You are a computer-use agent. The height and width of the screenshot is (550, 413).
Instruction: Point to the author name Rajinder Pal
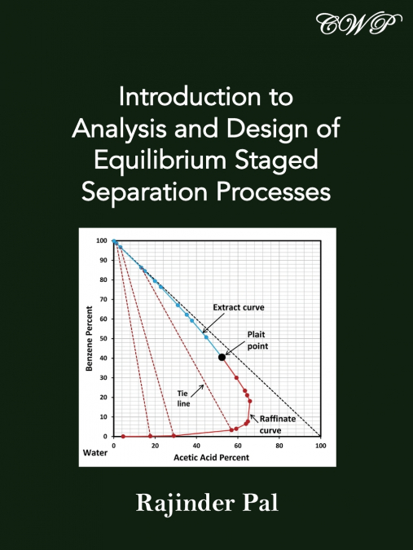point(206,503)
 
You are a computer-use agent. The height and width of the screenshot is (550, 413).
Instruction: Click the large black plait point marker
point(222,357)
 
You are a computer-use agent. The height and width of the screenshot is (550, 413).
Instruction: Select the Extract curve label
point(239,307)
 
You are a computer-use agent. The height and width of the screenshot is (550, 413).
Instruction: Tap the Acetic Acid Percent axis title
point(211,458)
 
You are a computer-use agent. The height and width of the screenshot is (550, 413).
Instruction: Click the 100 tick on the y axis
point(101,240)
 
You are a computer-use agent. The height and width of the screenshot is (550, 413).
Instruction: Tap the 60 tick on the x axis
point(238,446)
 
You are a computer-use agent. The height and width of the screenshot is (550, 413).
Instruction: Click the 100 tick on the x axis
point(320,446)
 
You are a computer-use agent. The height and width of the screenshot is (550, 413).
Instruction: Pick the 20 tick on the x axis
point(155,446)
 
